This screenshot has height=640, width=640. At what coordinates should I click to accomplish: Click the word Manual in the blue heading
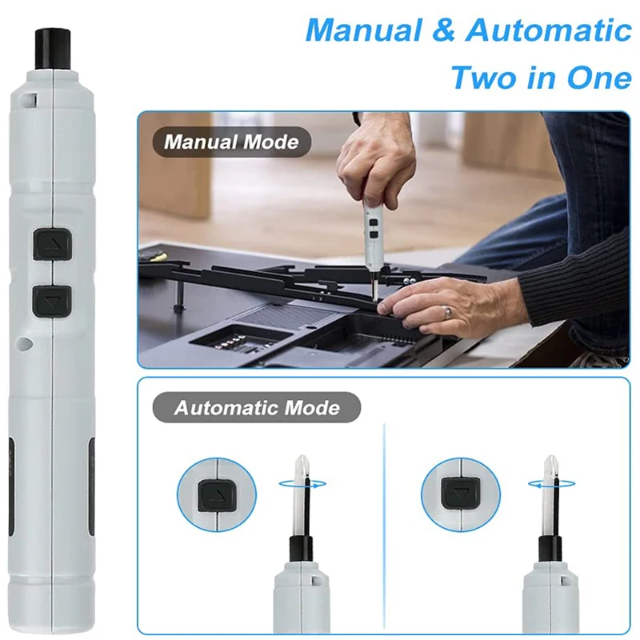pyautogui.click(x=364, y=30)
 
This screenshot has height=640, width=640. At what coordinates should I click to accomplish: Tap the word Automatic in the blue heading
pyautogui.click(x=548, y=30)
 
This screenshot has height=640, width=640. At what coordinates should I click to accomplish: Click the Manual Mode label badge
pyautogui.click(x=232, y=142)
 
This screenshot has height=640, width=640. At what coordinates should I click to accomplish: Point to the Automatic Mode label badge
pyautogui.click(x=257, y=407)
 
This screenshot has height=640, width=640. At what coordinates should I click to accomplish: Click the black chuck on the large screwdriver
pyautogui.click(x=52, y=49)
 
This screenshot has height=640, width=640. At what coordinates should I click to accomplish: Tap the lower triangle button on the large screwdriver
pyautogui.click(x=52, y=302)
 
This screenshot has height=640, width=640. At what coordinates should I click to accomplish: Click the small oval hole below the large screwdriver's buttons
pyautogui.click(x=26, y=343)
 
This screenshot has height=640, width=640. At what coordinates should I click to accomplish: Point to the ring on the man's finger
pyautogui.click(x=449, y=313)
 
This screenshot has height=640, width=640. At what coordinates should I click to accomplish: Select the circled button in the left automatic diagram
pyautogui.click(x=216, y=495)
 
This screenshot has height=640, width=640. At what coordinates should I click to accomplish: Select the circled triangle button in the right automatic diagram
pyautogui.click(x=461, y=493)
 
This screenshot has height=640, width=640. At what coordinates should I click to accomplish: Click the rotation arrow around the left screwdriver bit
pyautogui.click(x=302, y=484)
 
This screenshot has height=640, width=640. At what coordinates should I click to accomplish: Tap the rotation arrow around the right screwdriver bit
pyautogui.click(x=552, y=484)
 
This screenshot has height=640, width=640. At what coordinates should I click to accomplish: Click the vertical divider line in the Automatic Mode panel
pyautogui.click(x=384, y=526)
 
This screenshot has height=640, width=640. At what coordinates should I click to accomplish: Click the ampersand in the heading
pyautogui.click(x=443, y=30)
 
